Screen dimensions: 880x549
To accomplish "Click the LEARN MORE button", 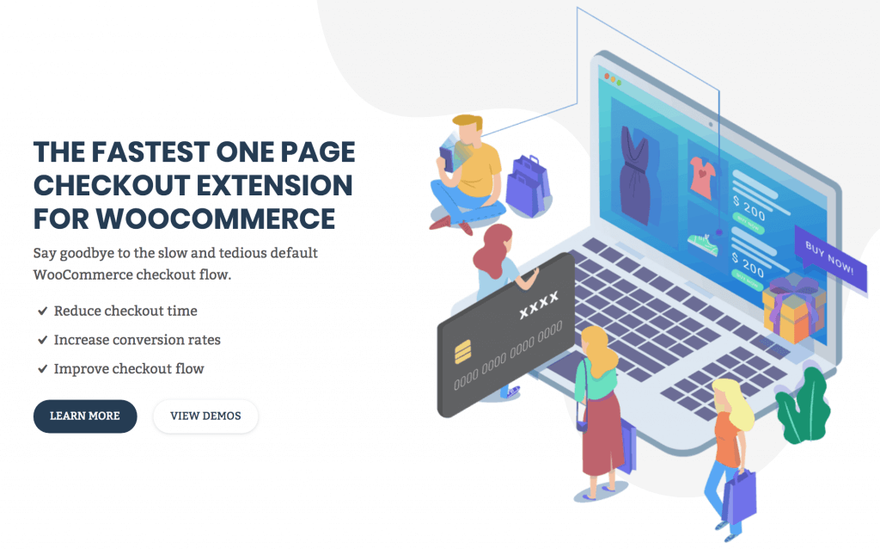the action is (x=85, y=416).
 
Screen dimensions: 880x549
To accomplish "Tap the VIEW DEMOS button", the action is (x=205, y=416).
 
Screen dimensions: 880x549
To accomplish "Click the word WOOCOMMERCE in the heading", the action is (x=216, y=219).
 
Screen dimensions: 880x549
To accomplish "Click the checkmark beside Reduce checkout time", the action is (x=42, y=311).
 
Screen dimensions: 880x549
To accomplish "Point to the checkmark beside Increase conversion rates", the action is (x=42, y=340).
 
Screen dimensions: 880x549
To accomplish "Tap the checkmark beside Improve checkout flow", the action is (x=42, y=369).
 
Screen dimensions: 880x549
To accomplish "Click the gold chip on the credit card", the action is (x=463, y=351).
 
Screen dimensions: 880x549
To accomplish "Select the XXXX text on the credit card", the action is (x=539, y=305).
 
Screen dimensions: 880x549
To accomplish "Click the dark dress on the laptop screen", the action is (x=635, y=176).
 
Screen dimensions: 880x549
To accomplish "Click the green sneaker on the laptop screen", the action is (x=703, y=244).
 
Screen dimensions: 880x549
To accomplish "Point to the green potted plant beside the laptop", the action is (x=804, y=404).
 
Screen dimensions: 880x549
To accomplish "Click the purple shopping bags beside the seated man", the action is (x=529, y=185).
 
